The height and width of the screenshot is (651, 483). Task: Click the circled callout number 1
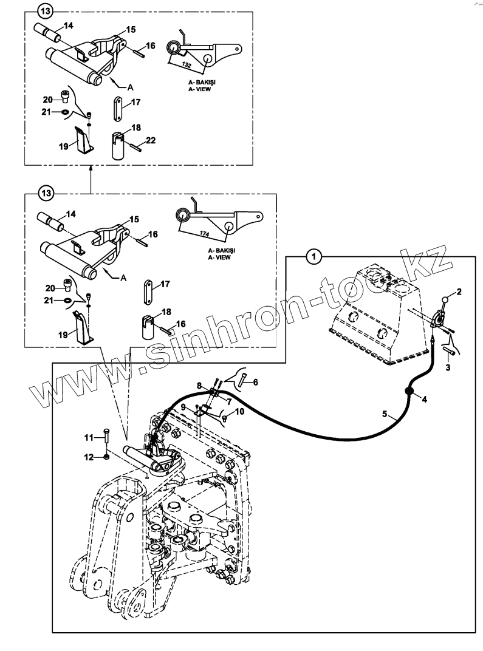tap(313, 257)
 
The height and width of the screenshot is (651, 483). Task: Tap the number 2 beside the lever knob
tap(459, 291)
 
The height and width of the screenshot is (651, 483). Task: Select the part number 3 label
tap(448, 368)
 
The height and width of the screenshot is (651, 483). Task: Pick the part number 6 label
tap(256, 381)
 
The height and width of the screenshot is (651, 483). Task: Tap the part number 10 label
tap(240, 411)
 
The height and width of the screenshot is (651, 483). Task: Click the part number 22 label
tap(151, 140)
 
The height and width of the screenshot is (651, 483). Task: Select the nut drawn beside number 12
tap(107, 457)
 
